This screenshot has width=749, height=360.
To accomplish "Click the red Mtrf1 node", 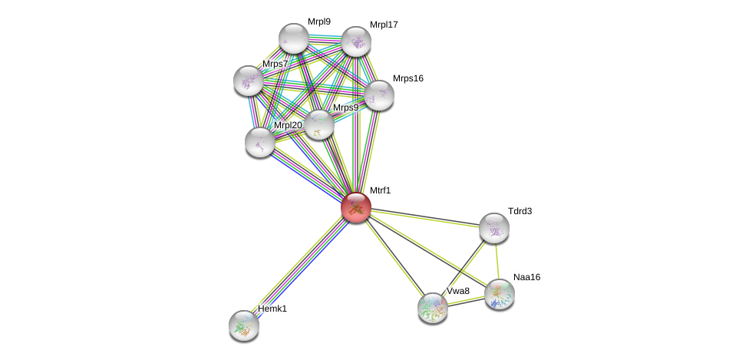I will click(x=356, y=207).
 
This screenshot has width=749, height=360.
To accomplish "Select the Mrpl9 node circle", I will click(x=294, y=38).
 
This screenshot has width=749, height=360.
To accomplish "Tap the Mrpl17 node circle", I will click(x=356, y=41).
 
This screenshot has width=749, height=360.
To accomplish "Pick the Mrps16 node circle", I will click(x=379, y=95).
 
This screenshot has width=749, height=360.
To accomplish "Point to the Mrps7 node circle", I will click(x=249, y=81).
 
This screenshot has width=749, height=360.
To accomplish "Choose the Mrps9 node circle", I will click(x=319, y=124).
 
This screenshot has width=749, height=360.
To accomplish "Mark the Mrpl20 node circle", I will click(x=260, y=142).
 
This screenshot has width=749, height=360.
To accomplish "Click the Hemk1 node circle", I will click(x=244, y=325).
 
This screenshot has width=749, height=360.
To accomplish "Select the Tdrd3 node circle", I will click(x=494, y=228).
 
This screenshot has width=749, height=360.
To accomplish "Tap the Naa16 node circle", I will click(x=500, y=294).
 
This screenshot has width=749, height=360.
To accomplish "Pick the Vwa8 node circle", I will click(x=433, y=308).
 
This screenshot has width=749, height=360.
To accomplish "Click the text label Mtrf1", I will click(x=380, y=190).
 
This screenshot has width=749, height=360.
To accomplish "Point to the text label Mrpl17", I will click(x=384, y=25).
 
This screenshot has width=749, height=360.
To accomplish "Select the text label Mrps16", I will click(x=407, y=78).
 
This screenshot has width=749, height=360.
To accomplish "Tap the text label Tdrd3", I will click(x=520, y=211).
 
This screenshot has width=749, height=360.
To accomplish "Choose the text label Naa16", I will click(x=526, y=277).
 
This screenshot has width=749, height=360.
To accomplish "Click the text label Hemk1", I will click(x=272, y=309).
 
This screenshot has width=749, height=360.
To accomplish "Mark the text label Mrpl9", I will click(x=319, y=21).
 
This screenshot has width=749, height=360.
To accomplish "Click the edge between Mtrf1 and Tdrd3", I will click(x=425, y=217).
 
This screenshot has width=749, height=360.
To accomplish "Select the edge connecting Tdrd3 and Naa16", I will click(x=497, y=261).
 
